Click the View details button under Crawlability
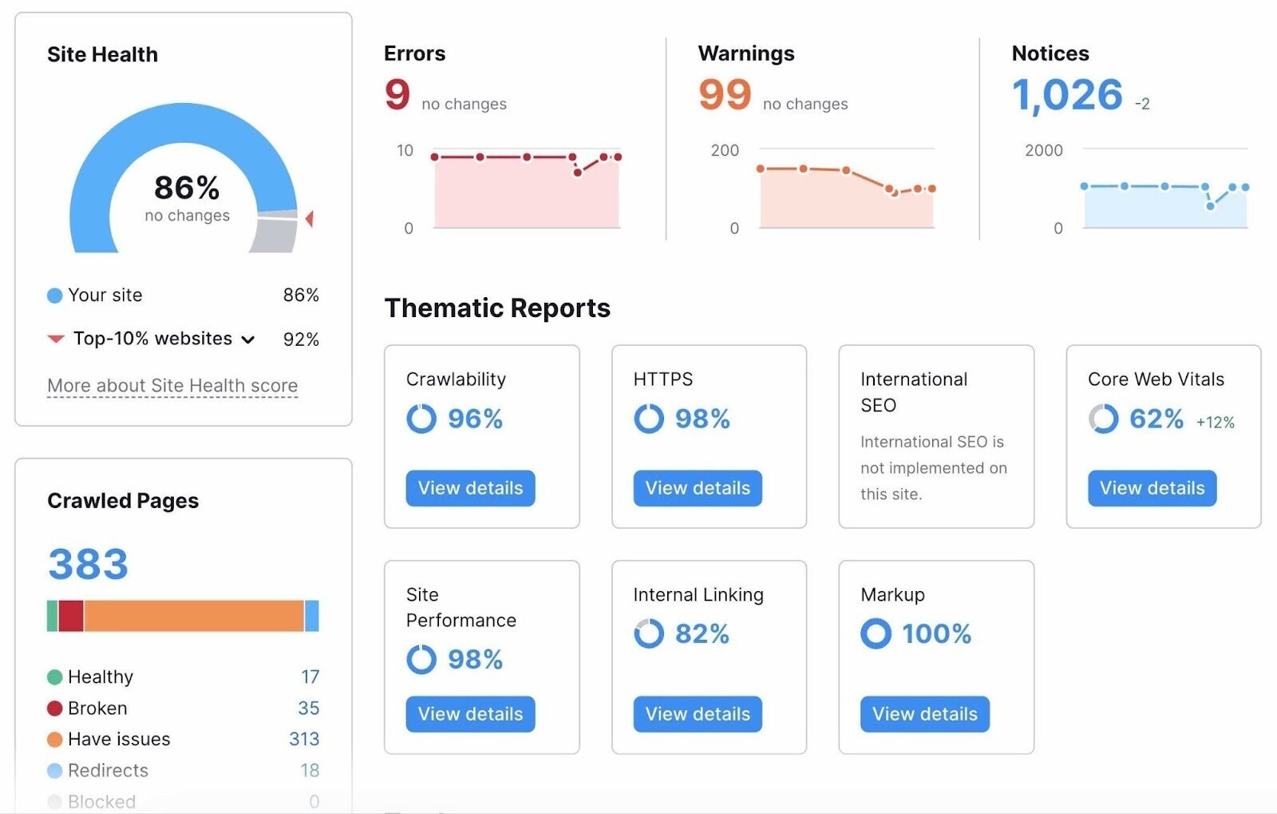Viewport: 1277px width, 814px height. [470, 488]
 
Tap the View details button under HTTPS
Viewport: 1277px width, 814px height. [698, 488]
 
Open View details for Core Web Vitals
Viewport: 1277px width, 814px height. [1152, 488]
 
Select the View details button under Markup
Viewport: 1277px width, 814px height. [924, 714]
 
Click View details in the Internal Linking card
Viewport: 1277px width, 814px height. [698, 714]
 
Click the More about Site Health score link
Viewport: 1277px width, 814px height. [172, 386]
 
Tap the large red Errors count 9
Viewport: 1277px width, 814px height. [397, 95]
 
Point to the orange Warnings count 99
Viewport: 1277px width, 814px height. [725, 95]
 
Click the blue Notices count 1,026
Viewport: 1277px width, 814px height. [1067, 96]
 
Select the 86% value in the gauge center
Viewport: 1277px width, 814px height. [187, 189]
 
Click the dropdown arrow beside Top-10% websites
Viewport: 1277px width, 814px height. [248, 339]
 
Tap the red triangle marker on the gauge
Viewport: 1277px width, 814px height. [309, 218]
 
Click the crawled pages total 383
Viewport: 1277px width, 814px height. [88, 564]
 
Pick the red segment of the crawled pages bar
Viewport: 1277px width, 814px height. [71, 616]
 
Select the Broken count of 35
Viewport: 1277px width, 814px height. [308, 708]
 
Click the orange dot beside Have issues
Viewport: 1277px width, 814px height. [54, 740]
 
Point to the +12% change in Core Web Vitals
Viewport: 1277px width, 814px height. [1215, 423]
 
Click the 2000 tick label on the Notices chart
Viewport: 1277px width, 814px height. [1043, 150]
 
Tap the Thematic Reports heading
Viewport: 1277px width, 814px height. [497, 308]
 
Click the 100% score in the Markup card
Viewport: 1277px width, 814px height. [936, 634]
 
